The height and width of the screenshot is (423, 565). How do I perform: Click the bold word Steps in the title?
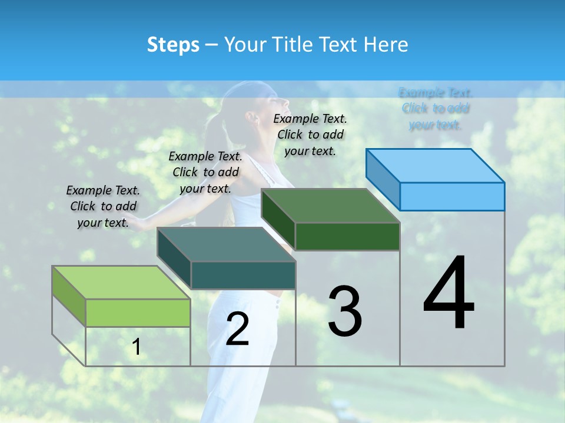click(173, 45)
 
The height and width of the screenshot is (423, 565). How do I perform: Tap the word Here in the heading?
click(386, 45)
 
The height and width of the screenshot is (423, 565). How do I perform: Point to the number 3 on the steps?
click(345, 311)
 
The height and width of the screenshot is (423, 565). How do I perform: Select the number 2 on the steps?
click(237, 329)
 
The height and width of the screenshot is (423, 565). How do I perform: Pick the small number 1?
click(137, 347)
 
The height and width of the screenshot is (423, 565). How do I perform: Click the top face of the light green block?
click(121, 283)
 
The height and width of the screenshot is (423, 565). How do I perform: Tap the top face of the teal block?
click(226, 244)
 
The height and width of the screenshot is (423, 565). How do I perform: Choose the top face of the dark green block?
click(330, 206)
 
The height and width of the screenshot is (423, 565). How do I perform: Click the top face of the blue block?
click(434, 166)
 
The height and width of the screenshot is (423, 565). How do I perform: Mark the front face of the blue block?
click(452, 196)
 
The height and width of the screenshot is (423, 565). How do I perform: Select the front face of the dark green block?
click(347, 236)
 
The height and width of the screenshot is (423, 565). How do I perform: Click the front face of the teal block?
click(243, 275)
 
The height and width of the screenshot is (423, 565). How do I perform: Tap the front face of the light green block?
click(138, 313)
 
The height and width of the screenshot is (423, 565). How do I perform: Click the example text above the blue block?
click(436, 109)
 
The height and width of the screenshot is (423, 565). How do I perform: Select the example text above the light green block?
click(103, 206)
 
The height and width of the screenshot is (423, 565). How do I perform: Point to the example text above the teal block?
click(205, 172)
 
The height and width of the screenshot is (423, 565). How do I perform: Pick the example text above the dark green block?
click(310, 135)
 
